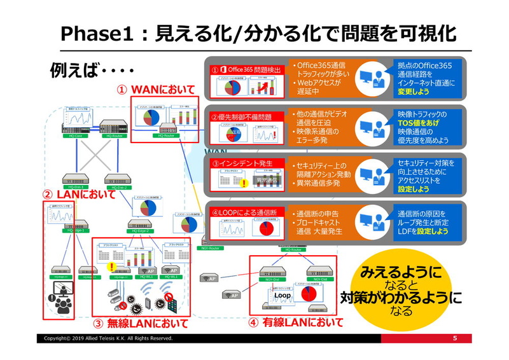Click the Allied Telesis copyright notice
pyautogui.click(x=108, y=338)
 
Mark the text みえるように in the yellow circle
pyautogui.click(x=400, y=272)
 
